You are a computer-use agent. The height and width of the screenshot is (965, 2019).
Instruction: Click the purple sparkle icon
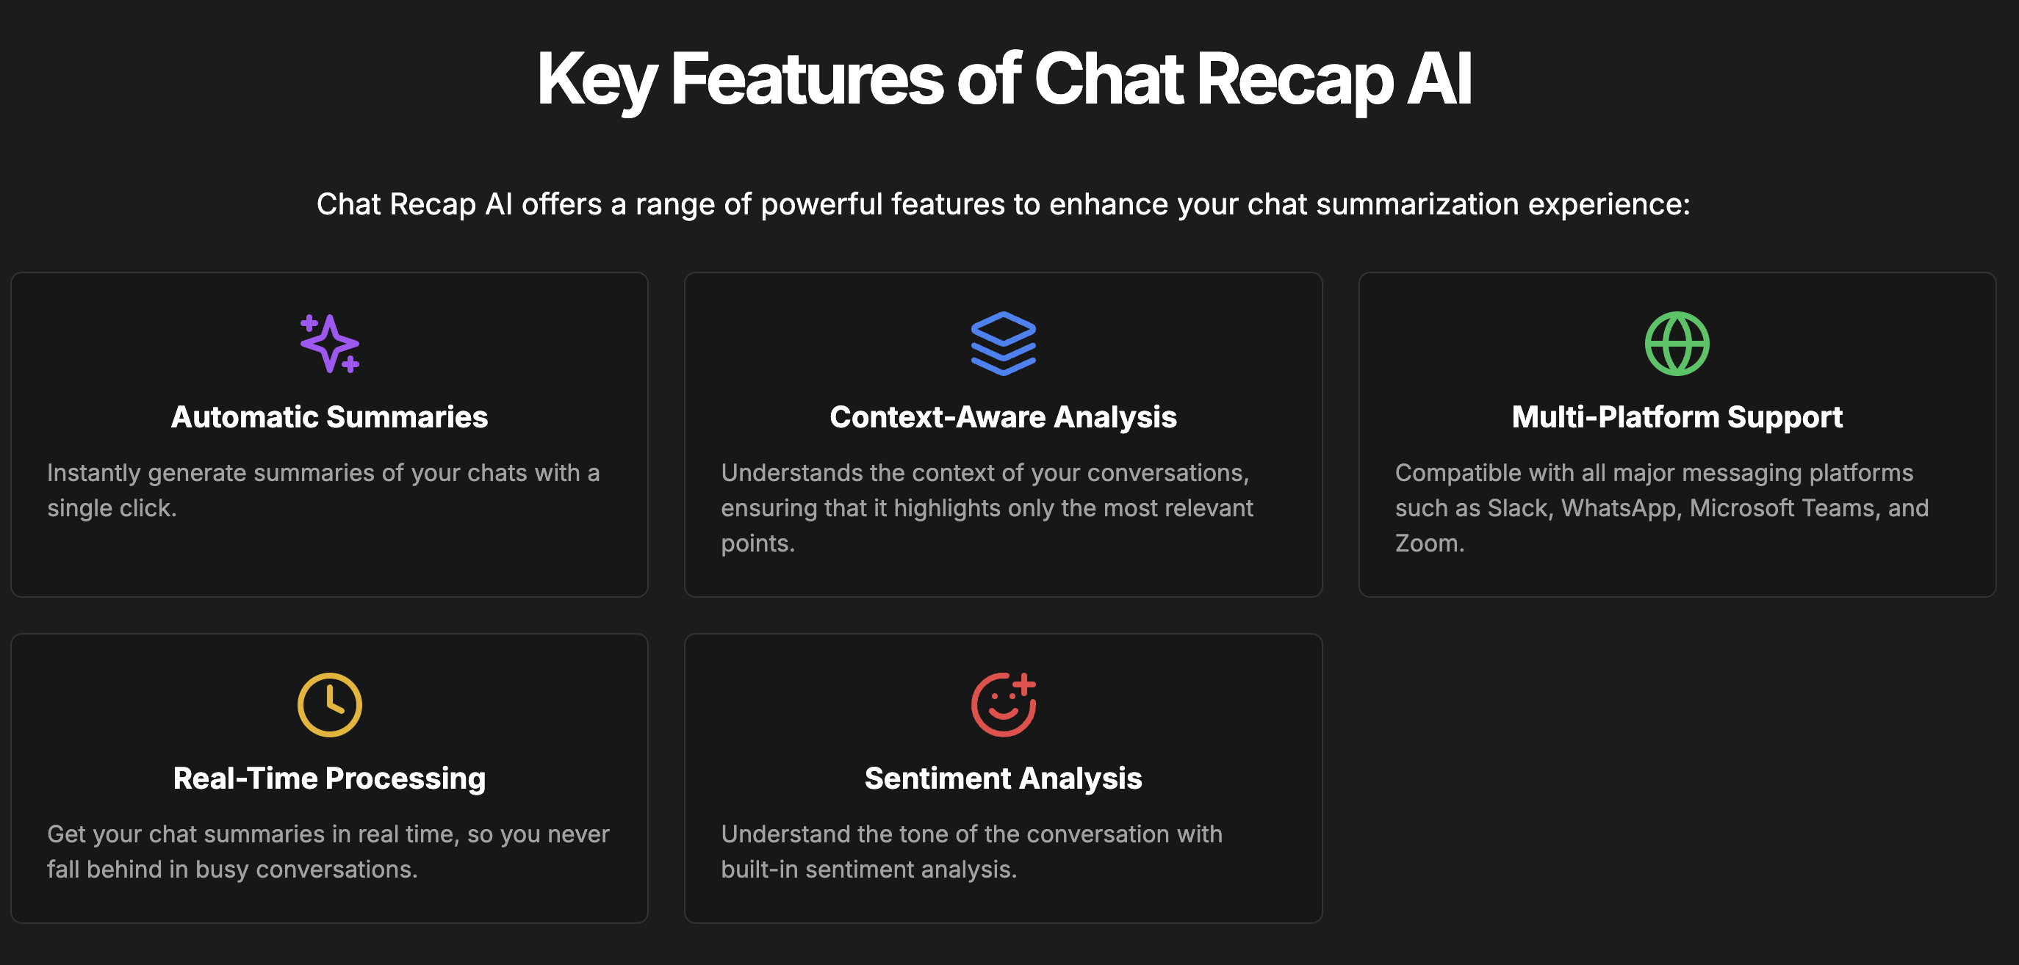(x=329, y=344)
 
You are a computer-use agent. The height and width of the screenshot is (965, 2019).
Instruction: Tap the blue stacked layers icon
(x=1003, y=344)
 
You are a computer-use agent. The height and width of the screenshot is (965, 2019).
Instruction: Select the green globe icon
(x=1677, y=344)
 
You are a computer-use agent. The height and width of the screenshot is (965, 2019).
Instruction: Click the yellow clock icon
(x=329, y=705)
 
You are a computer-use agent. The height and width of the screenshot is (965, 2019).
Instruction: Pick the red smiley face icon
(x=1003, y=705)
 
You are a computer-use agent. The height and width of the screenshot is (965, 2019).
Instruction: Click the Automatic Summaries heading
(x=329, y=417)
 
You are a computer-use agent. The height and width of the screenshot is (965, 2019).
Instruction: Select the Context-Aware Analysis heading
(x=1003, y=417)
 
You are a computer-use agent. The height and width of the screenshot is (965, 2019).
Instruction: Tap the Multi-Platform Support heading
(x=1677, y=417)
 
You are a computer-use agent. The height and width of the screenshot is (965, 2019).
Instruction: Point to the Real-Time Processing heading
(x=329, y=778)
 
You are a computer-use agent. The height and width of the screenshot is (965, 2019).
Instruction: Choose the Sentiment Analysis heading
(x=1003, y=778)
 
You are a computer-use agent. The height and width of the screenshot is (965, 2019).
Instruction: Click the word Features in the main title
(x=807, y=79)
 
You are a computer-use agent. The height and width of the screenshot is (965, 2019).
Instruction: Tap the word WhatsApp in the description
(x=1619, y=508)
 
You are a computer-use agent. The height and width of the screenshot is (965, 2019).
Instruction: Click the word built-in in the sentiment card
(x=760, y=870)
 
